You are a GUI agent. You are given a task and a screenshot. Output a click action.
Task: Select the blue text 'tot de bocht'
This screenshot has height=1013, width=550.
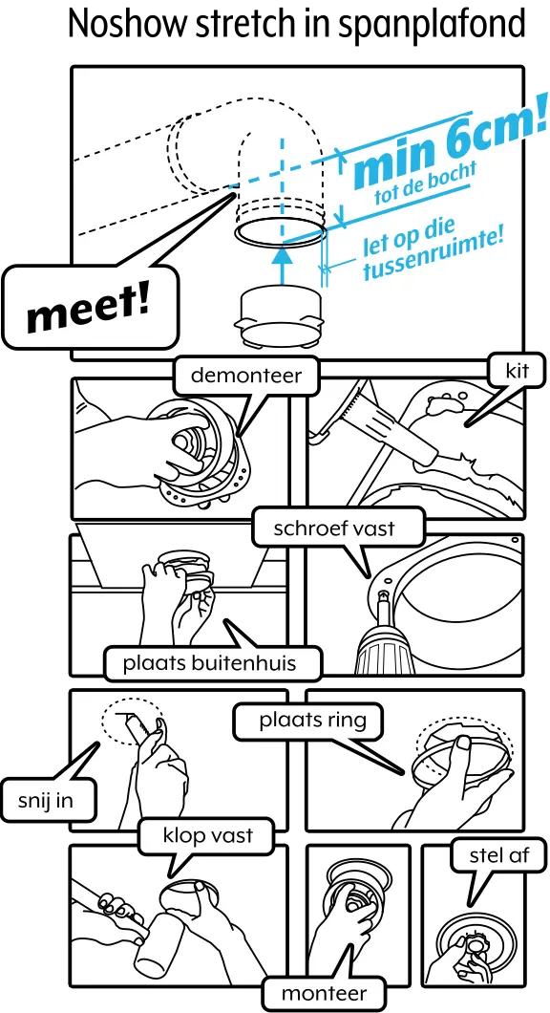[424, 188]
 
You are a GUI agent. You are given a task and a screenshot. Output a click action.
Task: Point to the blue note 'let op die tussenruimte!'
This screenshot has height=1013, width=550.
[431, 251]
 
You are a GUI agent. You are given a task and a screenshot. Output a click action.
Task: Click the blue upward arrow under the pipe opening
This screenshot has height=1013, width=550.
[281, 264]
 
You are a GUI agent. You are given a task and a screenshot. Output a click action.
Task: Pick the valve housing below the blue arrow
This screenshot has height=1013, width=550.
[281, 315]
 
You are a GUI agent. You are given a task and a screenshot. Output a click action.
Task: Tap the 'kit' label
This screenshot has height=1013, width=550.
[503, 371]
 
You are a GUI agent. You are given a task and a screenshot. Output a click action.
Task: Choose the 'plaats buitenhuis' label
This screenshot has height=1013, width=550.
[209, 662]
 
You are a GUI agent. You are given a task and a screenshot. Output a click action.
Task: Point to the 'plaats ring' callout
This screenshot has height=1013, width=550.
[312, 720]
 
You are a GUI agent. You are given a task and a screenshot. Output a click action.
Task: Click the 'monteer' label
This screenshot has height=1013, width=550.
[324, 993]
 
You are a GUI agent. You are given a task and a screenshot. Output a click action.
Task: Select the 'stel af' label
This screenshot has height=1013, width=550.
[499, 854]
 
